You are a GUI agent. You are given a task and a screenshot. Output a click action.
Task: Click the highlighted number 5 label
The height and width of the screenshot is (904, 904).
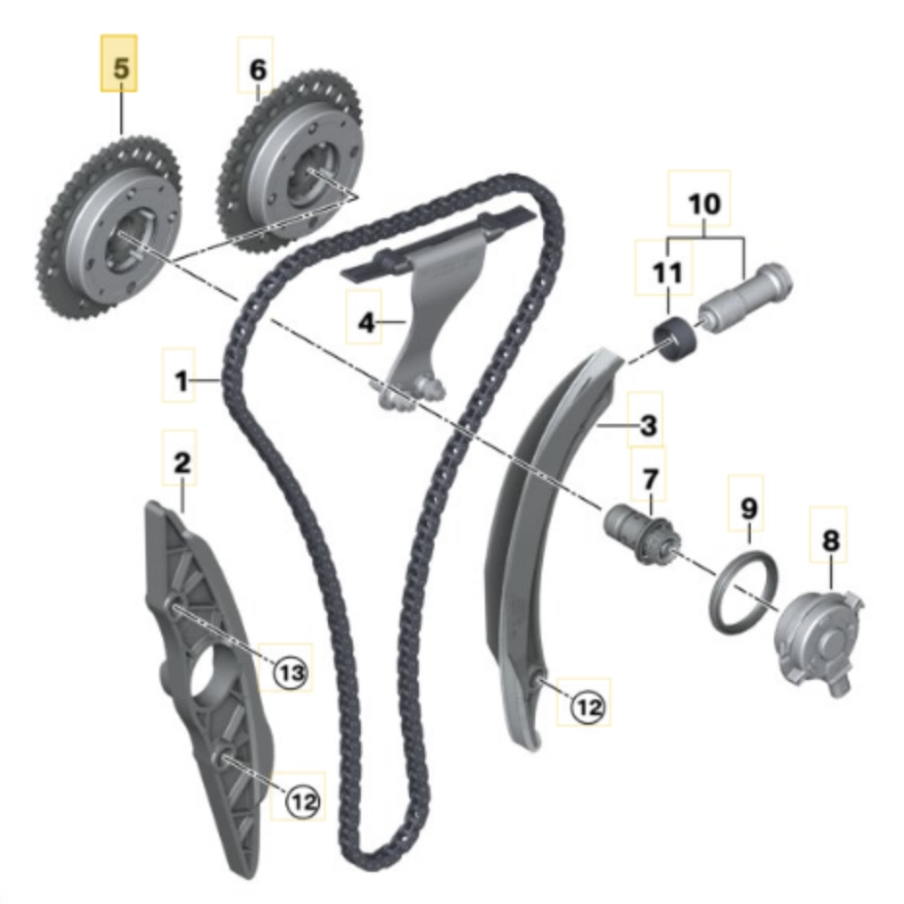(119, 70)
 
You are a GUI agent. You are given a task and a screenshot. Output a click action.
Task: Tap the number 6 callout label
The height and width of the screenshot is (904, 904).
(256, 70)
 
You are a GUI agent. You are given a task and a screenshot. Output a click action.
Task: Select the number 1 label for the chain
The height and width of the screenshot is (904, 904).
(181, 382)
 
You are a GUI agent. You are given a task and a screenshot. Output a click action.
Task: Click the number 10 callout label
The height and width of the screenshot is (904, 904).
(705, 205)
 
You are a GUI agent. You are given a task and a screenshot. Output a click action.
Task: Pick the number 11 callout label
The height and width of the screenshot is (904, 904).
(666, 273)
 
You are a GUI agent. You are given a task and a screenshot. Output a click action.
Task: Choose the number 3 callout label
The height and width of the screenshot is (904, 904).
(648, 424)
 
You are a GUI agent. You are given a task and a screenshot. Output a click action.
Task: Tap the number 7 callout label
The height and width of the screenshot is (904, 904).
(650, 478)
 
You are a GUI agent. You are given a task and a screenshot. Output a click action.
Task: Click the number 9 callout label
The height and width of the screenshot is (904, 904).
(747, 506)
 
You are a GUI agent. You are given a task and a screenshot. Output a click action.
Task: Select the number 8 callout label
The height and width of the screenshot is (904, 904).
(830, 540)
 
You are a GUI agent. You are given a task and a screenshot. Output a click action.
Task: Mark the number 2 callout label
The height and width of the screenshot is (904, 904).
(181, 463)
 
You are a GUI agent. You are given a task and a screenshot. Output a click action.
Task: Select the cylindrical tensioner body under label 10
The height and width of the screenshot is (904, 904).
(745, 295)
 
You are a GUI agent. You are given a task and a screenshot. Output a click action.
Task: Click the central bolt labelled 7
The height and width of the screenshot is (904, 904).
(639, 533)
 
